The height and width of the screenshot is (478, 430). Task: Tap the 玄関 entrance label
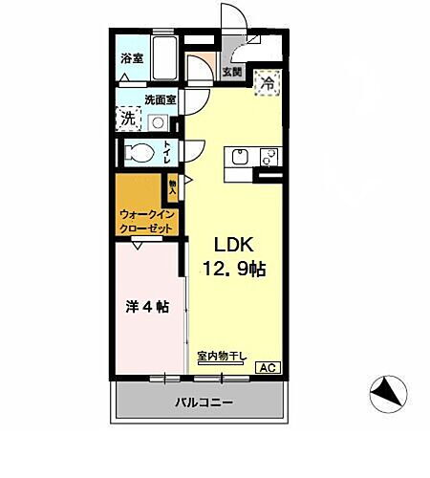tap(232, 72)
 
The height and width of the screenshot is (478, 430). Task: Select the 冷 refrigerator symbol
tap(269, 83)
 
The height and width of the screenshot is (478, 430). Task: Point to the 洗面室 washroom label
tap(159, 98)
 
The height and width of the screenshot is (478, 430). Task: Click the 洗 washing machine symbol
tap(127, 119)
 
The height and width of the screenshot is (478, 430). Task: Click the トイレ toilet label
tap(168, 152)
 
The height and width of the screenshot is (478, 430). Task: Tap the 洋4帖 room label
tap(147, 308)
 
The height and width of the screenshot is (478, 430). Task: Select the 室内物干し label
tap(222, 358)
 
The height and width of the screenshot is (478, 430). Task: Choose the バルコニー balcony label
tap(203, 402)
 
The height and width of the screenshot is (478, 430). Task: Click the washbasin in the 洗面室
tap(156, 121)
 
